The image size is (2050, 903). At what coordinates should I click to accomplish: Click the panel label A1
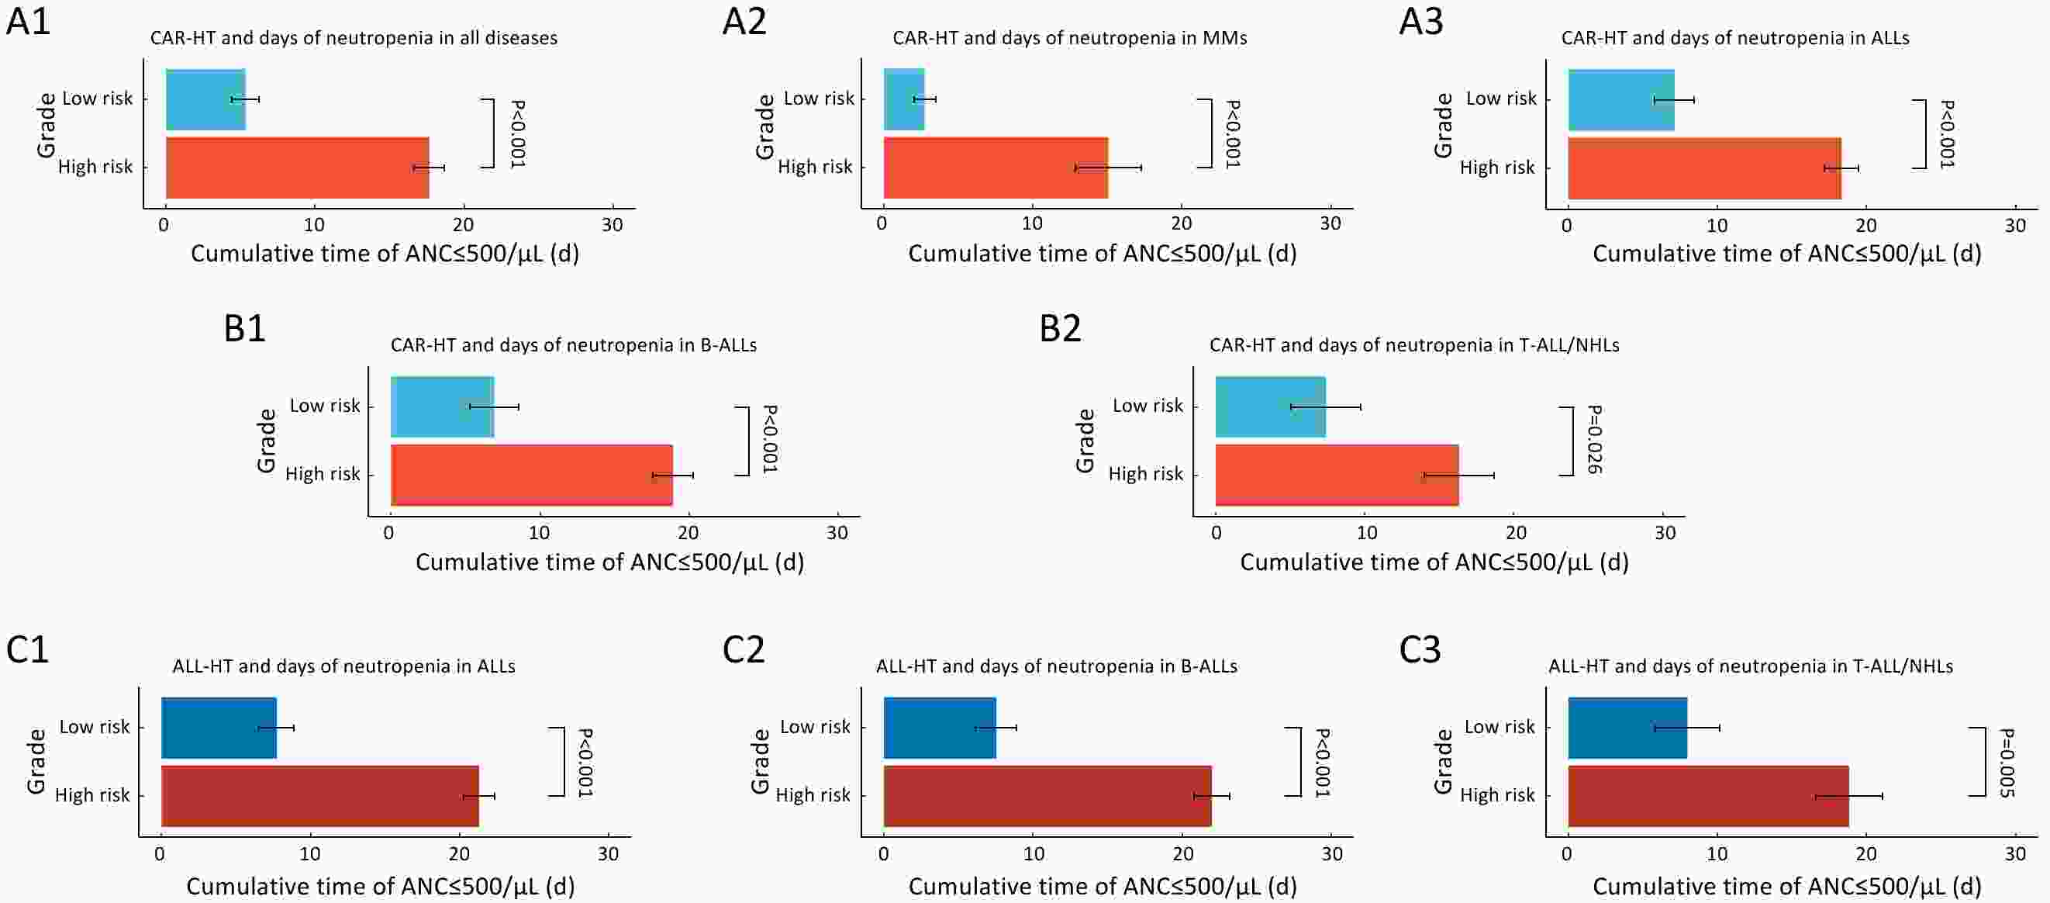pos(29,22)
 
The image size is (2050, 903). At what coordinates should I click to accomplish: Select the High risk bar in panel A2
pos(995,168)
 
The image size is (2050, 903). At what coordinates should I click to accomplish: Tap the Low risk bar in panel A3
pos(1620,100)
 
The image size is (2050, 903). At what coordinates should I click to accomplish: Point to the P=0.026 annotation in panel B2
pos(1594,440)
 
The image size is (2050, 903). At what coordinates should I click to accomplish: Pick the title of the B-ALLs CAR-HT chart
pos(573,344)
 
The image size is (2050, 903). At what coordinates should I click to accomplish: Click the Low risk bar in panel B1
pos(443,407)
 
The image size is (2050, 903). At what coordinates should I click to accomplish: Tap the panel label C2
pos(744,650)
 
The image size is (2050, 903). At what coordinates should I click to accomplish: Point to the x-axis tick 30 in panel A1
pos(612,224)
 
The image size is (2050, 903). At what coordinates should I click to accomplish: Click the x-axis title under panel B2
pos(1434,562)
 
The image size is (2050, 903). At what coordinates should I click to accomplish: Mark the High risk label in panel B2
pos(1146,474)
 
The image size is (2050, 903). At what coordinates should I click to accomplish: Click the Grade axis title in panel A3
pos(1443,125)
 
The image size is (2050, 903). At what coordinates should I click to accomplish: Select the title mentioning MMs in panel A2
pos(1069,37)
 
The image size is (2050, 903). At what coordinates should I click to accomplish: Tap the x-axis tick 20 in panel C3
pos(1866,853)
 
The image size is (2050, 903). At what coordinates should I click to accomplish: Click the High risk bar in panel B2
pos(1337,476)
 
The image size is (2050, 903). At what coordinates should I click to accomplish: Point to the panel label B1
pos(244,328)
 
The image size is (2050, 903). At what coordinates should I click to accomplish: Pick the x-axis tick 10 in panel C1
pos(309,853)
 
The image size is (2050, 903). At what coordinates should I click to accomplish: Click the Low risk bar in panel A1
pos(205,99)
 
